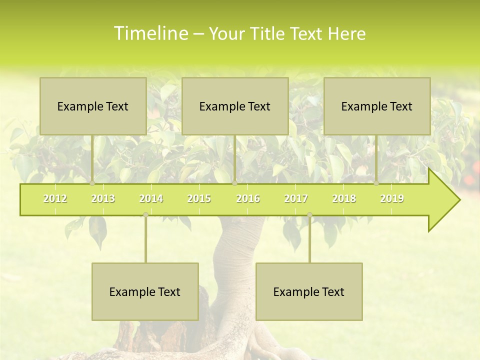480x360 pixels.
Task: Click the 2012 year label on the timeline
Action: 55,198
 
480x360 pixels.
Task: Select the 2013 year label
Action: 103,198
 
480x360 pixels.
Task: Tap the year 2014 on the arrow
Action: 151,198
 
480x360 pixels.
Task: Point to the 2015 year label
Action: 199,198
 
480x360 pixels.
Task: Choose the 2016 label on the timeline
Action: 248,198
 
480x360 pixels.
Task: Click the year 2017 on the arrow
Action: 296,198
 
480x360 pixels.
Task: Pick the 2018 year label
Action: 344,198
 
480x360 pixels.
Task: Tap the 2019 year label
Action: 392,198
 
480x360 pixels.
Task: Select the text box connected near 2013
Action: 93,106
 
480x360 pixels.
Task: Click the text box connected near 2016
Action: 235,106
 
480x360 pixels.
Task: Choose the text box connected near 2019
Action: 377,106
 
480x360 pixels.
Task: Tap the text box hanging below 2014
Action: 145,291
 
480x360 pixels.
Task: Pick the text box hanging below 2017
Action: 309,291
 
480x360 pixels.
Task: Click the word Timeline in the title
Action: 150,33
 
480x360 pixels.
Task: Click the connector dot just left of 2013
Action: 92,183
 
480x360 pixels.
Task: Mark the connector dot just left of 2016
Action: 234,183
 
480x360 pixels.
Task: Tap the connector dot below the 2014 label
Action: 145,214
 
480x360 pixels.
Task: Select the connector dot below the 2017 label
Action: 309,214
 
